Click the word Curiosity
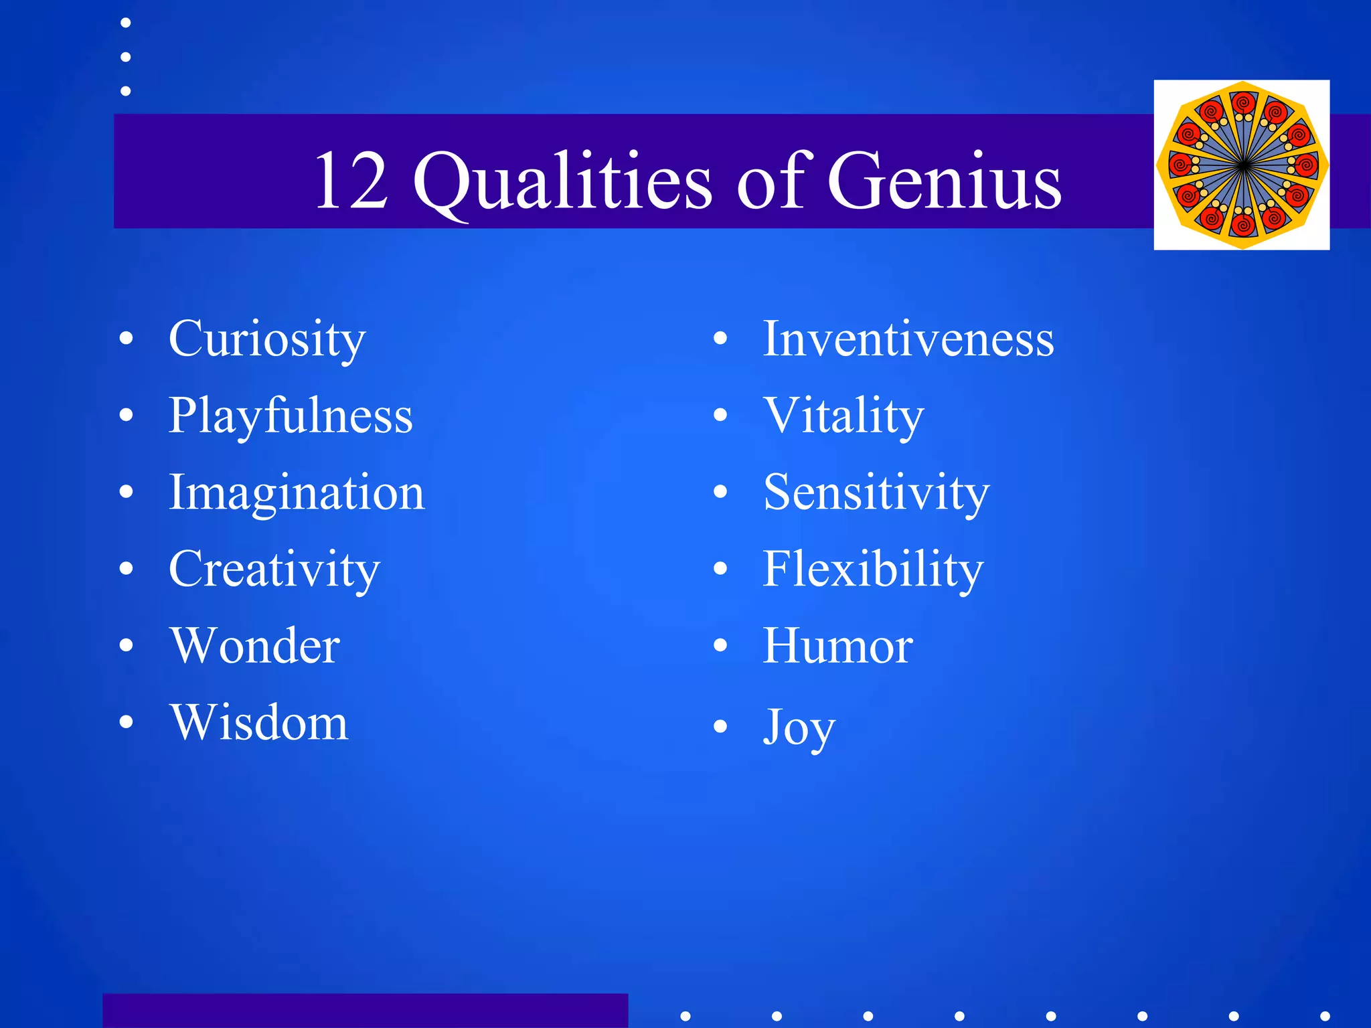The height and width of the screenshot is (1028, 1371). tap(267, 339)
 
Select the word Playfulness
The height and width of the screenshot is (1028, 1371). tap(291, 416)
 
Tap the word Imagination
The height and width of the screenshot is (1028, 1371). tap(297, 493)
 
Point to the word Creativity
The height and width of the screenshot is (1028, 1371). tap(274, 570)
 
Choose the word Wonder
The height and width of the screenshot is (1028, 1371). tap(255, 646)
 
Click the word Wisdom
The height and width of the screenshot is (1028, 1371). tap(259, 723)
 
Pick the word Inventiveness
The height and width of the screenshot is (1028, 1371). tap(908, 339)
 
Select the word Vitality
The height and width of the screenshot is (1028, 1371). tap(843, 416)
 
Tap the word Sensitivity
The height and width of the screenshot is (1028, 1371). tap(876, 493)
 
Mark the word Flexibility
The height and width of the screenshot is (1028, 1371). tap(873, 570)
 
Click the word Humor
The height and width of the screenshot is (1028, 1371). tap(837, 646)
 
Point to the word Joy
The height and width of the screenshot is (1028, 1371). tap(799, 727)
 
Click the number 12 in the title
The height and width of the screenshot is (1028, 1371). tap(351, 181)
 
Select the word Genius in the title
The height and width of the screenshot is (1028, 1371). tap(944, 181)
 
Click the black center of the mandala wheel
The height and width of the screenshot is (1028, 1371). tap(1242, 165)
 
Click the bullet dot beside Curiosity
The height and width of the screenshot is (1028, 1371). tap(126, 339)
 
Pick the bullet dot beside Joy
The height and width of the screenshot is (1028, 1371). tap(720, 726)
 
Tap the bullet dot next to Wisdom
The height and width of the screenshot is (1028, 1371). tap(126, 722)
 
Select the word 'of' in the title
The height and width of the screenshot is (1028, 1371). tap(770, 181)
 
